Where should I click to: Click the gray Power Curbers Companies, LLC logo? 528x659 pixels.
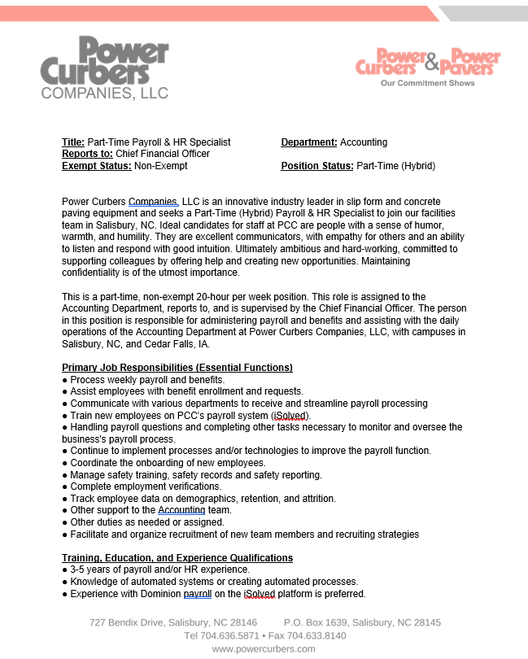click(x=105, y=68)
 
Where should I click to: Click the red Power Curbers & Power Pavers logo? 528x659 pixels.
click(x=428, y=63)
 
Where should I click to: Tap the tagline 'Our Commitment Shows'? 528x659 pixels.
click(x=428, y=83)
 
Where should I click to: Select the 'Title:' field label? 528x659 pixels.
click(x=73, y=142)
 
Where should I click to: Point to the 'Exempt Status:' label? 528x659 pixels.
click(x=97, y=166)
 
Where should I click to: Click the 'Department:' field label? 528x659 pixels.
click(x=308, y=142)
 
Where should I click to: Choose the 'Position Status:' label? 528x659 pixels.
click(x=317, y=166)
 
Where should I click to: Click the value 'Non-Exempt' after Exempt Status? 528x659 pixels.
click(x=161, y=166)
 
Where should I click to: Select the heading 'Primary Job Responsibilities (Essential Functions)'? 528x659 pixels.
click(x=177, y=368)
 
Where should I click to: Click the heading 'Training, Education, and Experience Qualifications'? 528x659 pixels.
click(x=177, y=558)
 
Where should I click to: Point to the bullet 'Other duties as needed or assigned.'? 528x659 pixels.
click(x=147, y=522)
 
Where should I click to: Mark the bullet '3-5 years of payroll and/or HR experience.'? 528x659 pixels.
click(x=159, y=570)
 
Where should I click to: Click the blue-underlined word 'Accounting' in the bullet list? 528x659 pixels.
click(x=181, y=510)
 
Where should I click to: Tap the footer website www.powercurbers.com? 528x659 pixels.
click(x=264, y=648)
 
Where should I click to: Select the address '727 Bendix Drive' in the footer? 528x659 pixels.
click(x=127, y=622)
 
